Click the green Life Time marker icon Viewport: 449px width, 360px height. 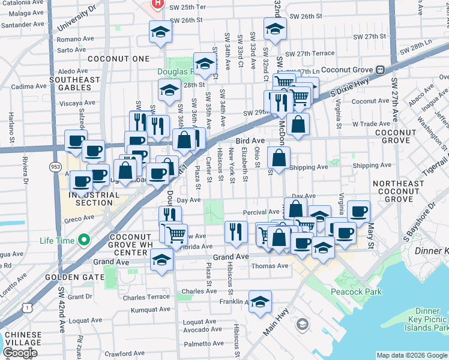click(x=83, y=241)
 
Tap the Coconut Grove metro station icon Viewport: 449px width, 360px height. click(x=380, y=70)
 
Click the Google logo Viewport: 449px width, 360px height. click(x=20, y=353)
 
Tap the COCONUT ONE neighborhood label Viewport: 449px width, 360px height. click(x=118, y=59)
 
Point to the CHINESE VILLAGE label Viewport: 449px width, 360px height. click(x=23, y=339)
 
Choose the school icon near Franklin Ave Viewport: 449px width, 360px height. click(x=260, y=302)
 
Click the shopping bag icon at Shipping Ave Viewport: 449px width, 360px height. click(x=279, y=158)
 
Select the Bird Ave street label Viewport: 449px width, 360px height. click(x=250, y=140)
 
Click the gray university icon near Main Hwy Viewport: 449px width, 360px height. click(x=302, y=324)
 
